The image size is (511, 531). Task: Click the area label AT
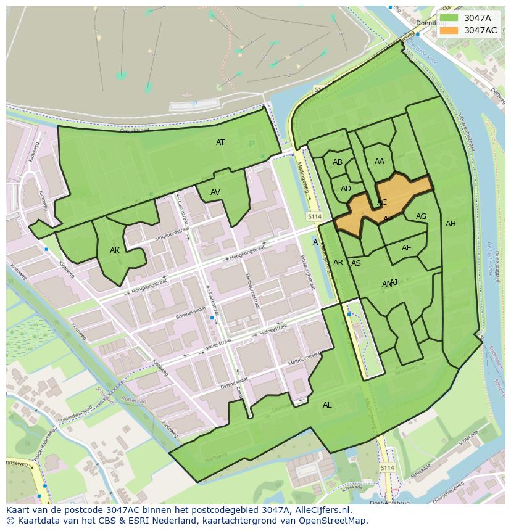click(x=220, y=142)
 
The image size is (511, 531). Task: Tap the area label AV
click(x=215, y=192)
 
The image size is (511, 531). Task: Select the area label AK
click(x=114, y=250)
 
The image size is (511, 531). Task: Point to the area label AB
click(x=338, y=162)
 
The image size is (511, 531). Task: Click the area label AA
click(x=380, y=162)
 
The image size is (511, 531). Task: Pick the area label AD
click(x=346, y=189)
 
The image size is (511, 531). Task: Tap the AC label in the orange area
click(x=382, y=202)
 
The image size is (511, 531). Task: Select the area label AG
click(x=421, y=216)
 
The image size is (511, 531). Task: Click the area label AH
click(x=451, y=224)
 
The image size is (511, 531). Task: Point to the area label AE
click(x=406, y=248)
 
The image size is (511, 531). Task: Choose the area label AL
click(x=327, y=405)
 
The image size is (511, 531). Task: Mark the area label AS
click(x=356, y=263)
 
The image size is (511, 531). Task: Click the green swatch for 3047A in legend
click(x=449, y=19)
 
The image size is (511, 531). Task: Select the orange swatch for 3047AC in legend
click(x=449, y=30)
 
